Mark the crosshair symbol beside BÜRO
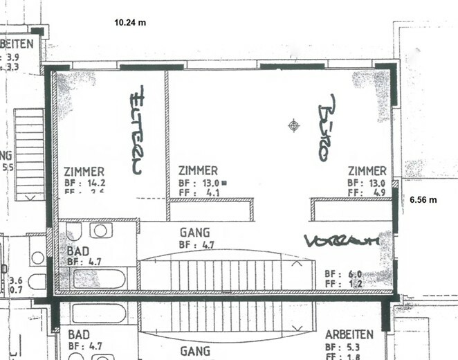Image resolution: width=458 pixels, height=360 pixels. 295,125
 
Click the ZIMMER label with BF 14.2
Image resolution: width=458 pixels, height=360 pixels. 84,172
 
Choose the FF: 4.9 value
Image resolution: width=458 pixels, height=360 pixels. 367,193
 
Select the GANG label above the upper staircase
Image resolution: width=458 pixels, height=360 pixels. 194,234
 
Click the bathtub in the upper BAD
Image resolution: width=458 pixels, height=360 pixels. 100,279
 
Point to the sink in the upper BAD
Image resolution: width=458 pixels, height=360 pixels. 100,230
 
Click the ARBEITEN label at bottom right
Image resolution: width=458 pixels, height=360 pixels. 349,334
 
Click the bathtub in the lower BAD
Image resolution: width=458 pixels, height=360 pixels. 99,314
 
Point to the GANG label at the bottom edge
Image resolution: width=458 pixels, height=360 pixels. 195,352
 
